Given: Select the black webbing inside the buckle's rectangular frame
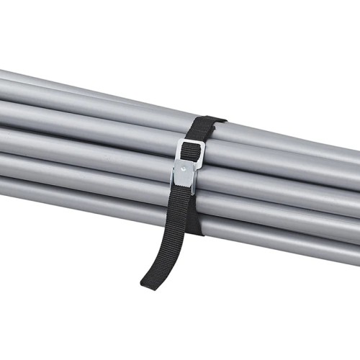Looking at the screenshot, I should click(191, 151).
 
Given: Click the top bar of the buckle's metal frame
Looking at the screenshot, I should click(191, 143).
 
